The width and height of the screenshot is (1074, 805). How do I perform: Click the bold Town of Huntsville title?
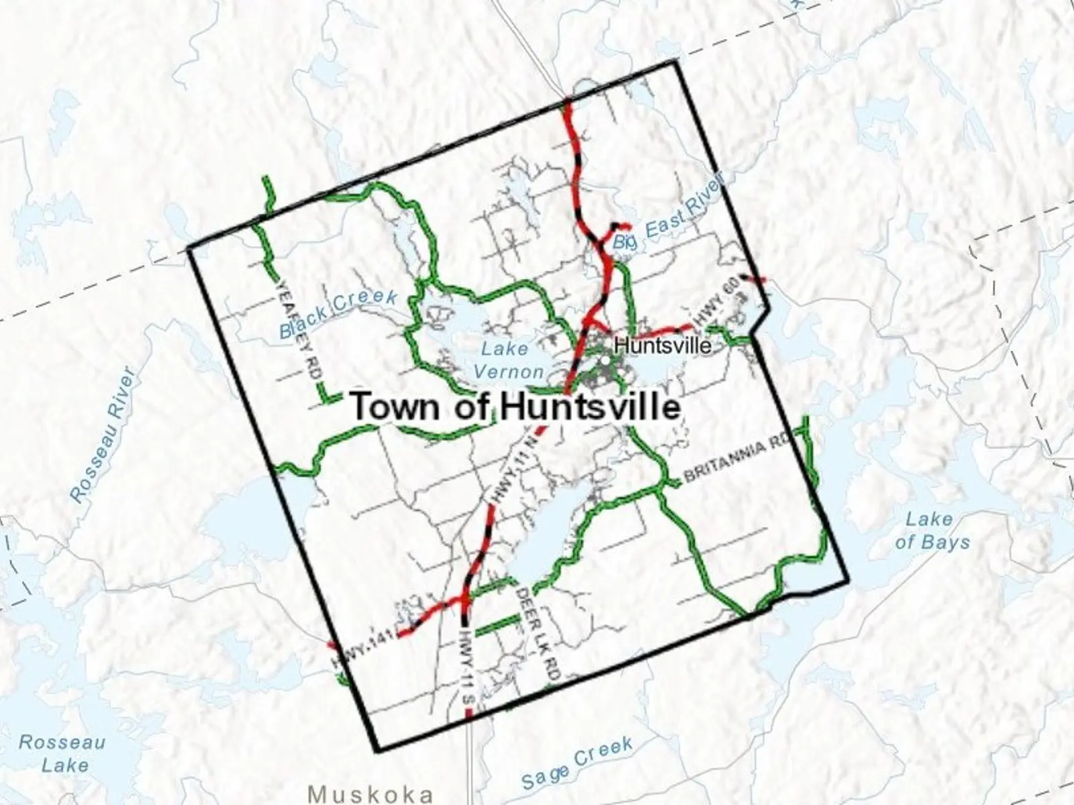click(516, 407)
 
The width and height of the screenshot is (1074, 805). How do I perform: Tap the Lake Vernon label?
click(508, 360)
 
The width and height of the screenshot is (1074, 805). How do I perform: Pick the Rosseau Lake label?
click(62, 753)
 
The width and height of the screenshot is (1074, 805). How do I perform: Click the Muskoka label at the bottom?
click(371, 794)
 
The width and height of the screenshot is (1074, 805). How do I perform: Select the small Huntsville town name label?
click(663, 345)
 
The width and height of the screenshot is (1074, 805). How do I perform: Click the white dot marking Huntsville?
click(606, 360)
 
